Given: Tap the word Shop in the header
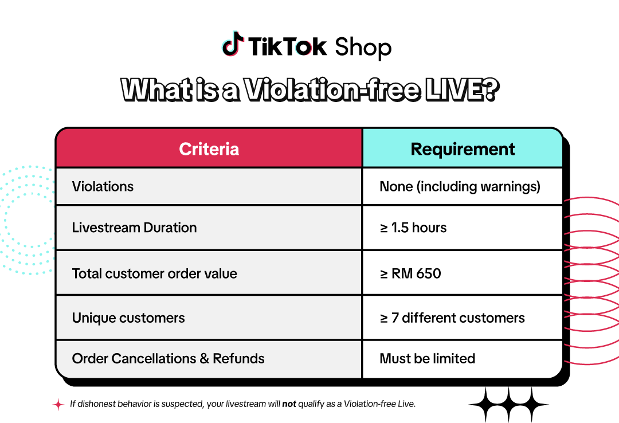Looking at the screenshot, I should pos(363,47).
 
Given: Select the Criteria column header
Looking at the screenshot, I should pos(209,149).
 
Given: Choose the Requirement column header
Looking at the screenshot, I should pos(463,149).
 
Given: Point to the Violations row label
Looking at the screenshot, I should pos(103,186).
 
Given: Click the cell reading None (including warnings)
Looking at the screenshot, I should pos(460,186).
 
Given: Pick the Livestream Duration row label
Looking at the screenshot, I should pos(134,228).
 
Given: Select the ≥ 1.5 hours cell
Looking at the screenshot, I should pos(413,228).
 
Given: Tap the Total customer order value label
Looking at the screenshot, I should pos(154,273).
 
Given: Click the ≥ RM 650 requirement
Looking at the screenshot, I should pos(410,273).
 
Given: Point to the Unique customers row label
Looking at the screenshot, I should pos(128,318).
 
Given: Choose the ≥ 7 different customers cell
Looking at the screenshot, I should pos(452,318).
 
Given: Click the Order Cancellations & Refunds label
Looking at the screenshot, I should pos(168,359).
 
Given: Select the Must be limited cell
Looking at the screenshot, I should pos(427,359).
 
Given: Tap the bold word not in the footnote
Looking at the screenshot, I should pos(289,404).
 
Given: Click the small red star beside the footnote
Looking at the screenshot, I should pos(58,404).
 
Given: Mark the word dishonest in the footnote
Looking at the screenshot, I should pos(96,404).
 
